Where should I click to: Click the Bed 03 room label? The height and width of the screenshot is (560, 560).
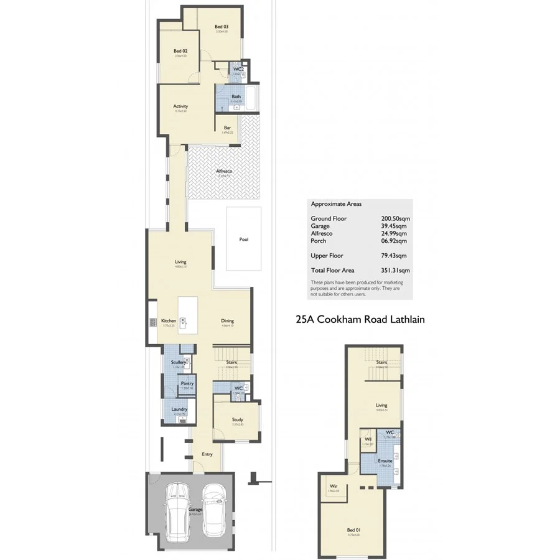[221, 26]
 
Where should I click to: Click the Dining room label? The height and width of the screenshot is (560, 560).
[227, 321]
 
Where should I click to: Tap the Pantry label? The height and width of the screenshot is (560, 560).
[187, 383]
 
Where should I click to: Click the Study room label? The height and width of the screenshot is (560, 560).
[236, 419]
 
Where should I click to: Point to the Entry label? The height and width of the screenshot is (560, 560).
[207, 454]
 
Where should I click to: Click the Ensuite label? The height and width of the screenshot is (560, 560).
[385, 460]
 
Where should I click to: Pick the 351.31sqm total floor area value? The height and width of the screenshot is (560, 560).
[396, 271]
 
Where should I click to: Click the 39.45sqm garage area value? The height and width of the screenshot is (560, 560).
[394, 226]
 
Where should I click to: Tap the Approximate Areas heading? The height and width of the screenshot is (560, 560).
[336, 204]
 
